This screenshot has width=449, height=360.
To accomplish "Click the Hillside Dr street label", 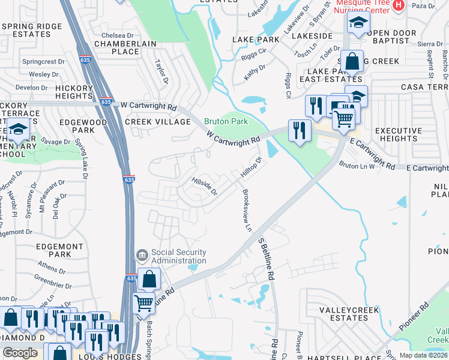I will click(x=204, y=185).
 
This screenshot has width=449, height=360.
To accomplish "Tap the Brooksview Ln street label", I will click(x=247, y=211).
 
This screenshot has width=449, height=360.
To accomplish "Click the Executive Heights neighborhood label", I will click(x=399, y=134).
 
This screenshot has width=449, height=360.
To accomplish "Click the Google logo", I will click(x=20, y=353).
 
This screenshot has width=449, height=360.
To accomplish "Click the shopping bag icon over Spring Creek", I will click(x=354, y=61).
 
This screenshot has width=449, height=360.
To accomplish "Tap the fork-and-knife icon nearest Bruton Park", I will click(x=298, y=130).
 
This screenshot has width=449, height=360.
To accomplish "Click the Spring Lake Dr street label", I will click(x=81, y=160).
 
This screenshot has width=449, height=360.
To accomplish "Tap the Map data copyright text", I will click(x=424, y=355).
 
